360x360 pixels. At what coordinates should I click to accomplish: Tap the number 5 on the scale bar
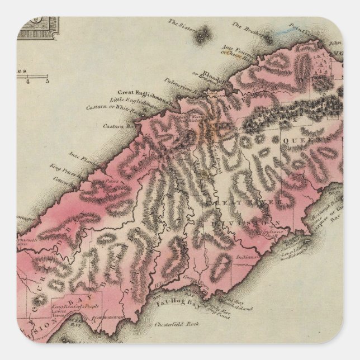(47, 81)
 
